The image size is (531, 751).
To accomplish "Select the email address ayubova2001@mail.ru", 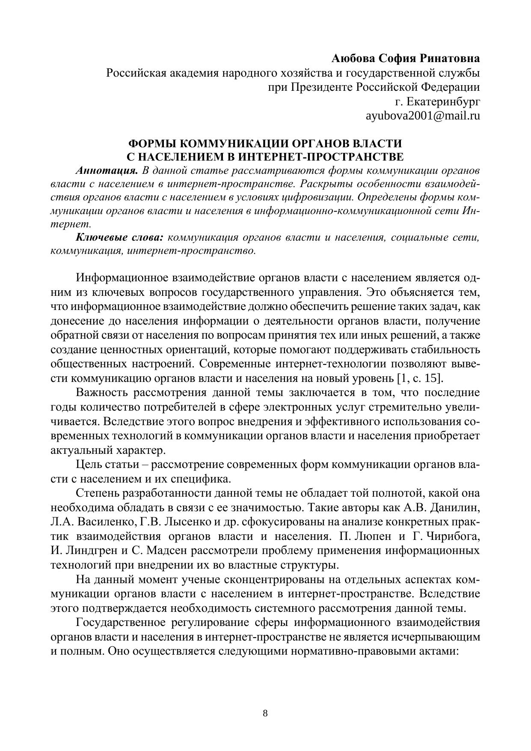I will tap(422, 116).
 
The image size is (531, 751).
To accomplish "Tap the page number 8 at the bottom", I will tap(265, 713).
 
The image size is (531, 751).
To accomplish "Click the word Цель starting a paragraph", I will tap(89, 465).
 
